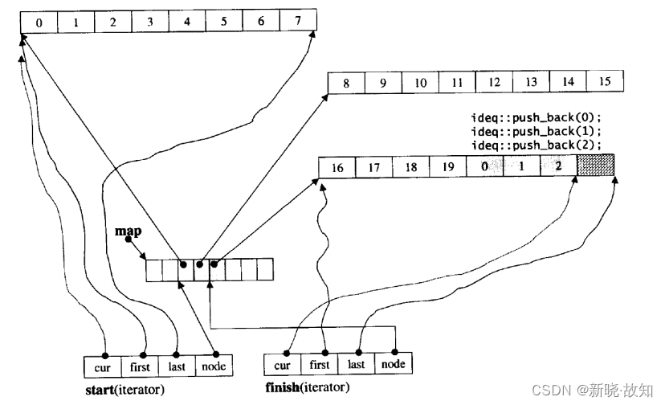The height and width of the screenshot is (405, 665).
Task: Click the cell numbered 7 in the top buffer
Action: (x=299, y=22)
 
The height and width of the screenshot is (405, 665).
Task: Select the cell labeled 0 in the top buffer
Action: (x=39, y=22)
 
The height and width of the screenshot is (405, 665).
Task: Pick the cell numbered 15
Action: (x=605, y=82)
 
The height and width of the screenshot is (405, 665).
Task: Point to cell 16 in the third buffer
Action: (x=337, y=168)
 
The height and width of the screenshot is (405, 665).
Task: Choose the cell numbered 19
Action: (x=446, y=168)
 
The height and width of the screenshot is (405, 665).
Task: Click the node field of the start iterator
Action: (x=214, y=366)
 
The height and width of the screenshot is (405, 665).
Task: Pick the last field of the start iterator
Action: (x=177, y=366)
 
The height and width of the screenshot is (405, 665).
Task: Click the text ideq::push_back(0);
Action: (x=536, y=118)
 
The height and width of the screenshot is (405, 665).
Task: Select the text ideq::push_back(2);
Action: (x=536, y=145)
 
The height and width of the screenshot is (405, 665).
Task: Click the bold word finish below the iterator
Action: (x=284, y=388)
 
